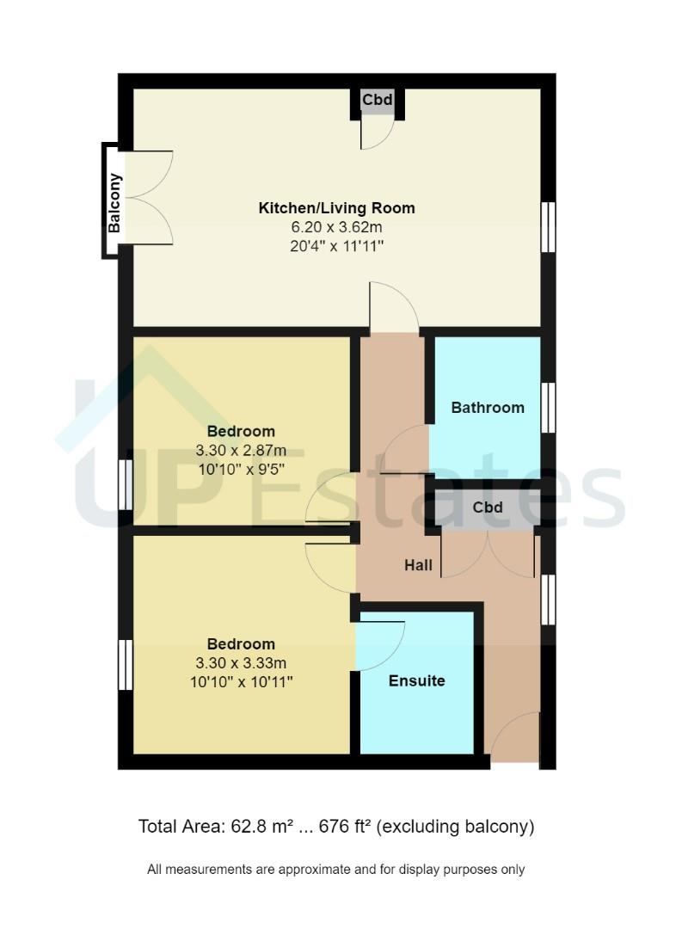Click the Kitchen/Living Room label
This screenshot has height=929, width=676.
(x=336, y=208)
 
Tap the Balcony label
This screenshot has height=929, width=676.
(x=114, y=204)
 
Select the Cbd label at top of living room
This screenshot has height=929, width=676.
(x=377, y=101)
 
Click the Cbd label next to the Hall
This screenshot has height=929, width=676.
(x=488, y=508)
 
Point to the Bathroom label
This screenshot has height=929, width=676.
(x=488, y=408)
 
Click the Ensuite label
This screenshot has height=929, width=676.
(x=416, y=681)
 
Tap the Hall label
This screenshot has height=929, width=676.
(x=419, y=566)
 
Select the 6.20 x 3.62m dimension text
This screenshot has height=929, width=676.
(x=336, y=227)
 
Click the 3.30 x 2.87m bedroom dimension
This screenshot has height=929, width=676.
(x=241, y=451)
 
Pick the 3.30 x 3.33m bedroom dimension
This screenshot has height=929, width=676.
(x=241, y=663)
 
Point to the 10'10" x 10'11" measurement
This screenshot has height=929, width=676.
(x=241, y=682)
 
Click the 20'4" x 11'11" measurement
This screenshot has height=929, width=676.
(x=336, y=246)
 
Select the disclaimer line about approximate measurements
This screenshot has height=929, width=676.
(x=336, y=870)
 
